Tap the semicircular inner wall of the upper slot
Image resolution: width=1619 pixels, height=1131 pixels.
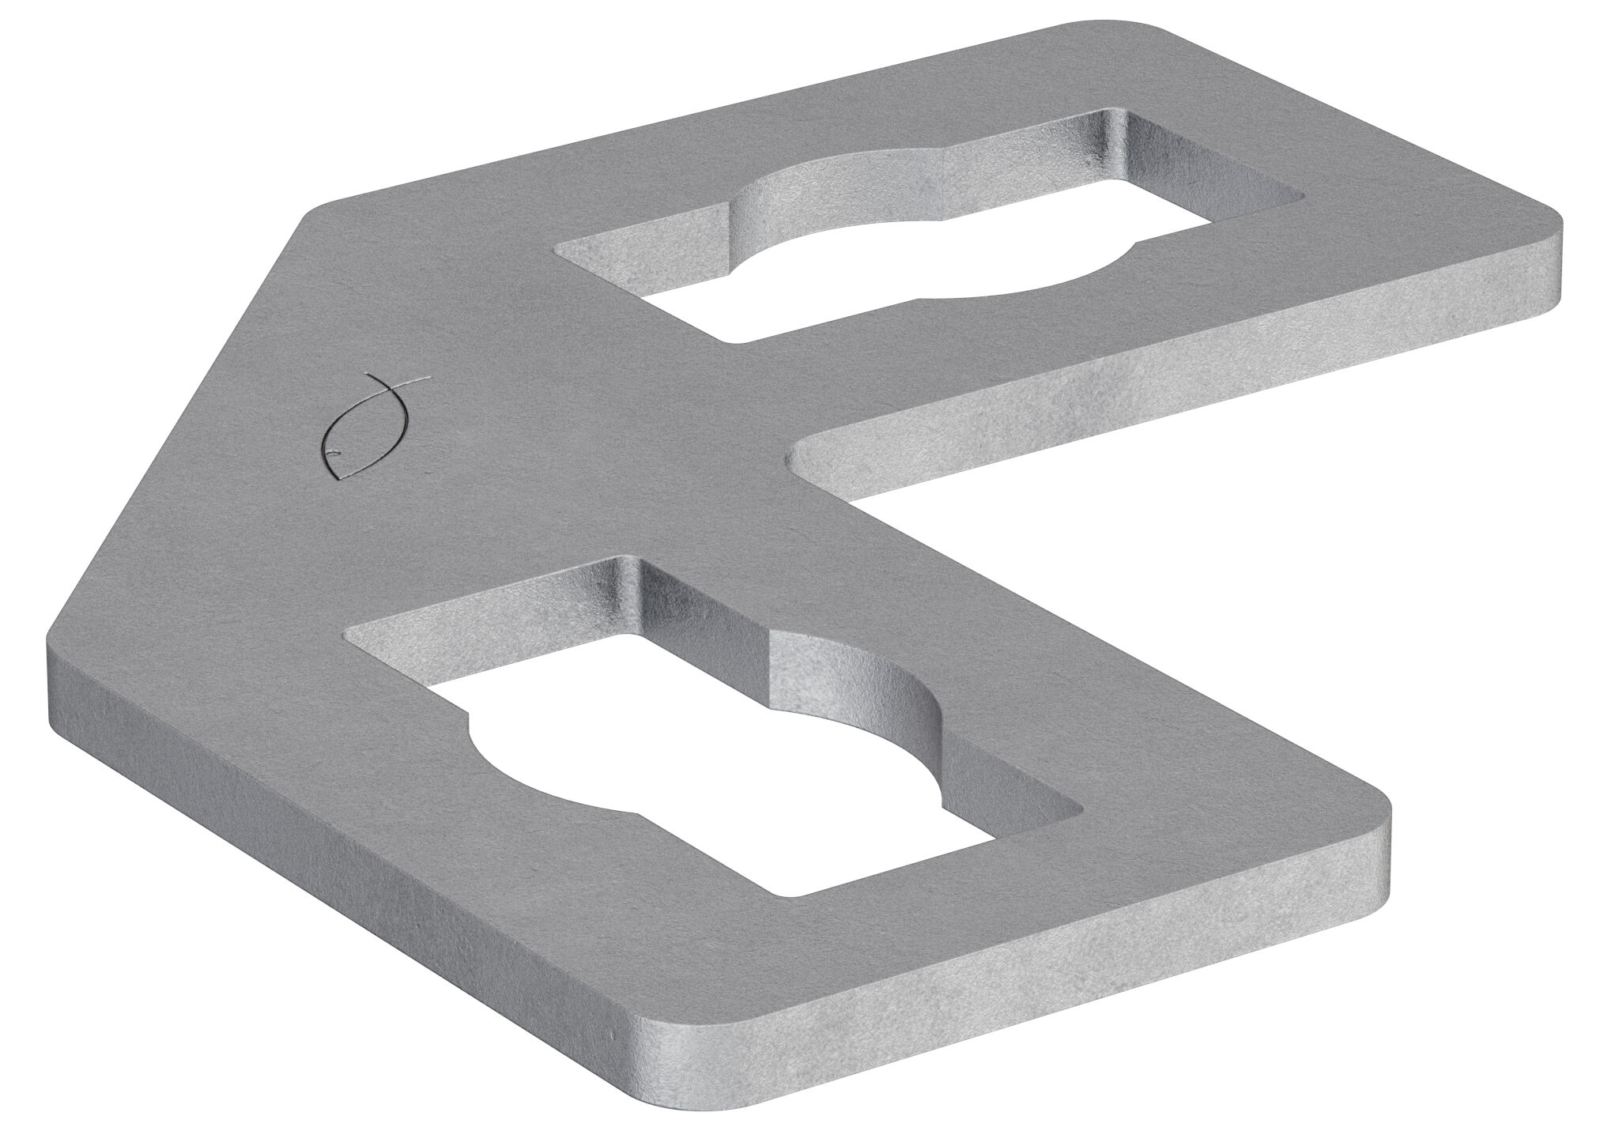(x=830, y=190)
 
